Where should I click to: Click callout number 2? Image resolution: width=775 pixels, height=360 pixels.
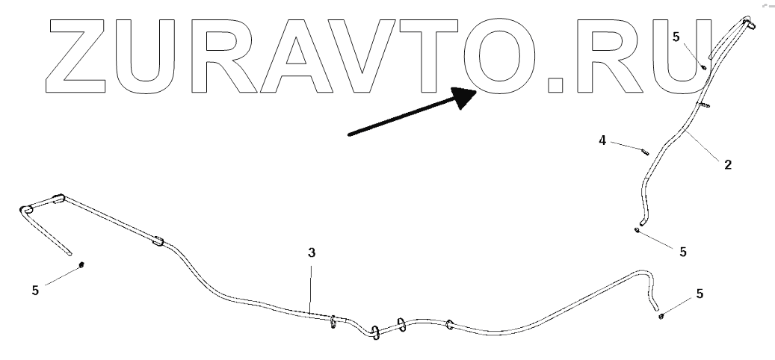tap(727, 164)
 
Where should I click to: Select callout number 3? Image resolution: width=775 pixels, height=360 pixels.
tap(312, 252)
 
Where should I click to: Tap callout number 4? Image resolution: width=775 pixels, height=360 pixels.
tap(602, 139)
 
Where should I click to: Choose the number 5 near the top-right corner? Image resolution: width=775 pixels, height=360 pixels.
tap(676, 36)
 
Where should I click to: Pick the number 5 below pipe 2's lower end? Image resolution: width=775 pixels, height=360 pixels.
tap(682, 252)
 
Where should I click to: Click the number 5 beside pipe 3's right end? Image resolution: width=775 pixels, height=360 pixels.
tap(700, 294)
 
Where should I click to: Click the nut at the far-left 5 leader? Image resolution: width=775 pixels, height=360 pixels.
tap(81, 265)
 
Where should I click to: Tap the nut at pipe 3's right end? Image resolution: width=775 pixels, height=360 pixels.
tap(662, 317)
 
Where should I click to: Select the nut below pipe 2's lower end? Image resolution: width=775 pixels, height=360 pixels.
tap(636, 229)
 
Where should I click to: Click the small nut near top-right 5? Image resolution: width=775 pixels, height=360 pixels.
tap(704, 66)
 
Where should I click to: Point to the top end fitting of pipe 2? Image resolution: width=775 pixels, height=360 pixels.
tap(748, 24)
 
